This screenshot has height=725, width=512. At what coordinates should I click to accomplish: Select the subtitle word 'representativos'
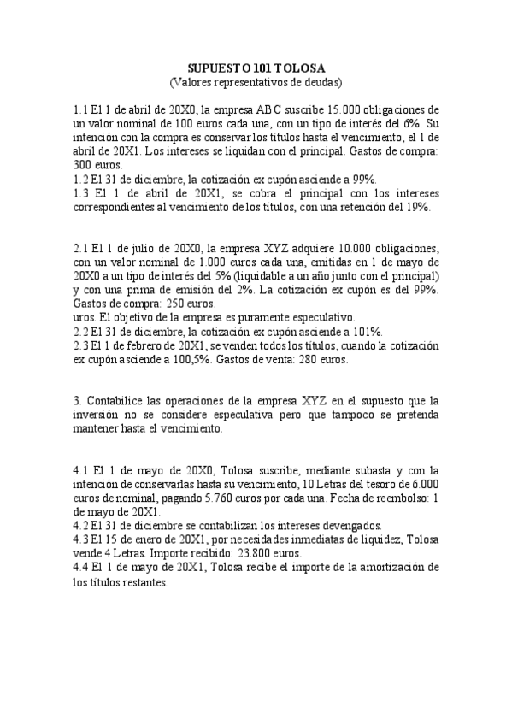[252, 82]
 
